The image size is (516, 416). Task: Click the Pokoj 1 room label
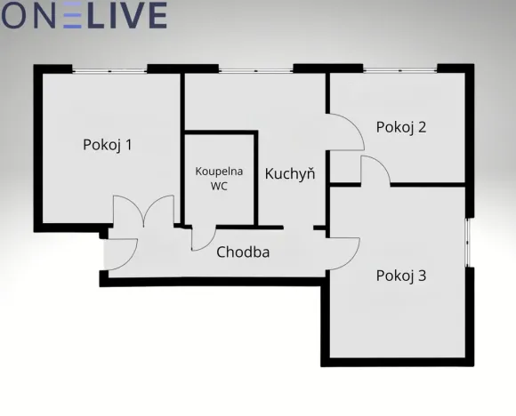click(108, 144)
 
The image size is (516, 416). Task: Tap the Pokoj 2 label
click(401, 126)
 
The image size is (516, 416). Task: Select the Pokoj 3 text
click(401, 276)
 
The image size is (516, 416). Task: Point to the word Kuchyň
click(290, 173)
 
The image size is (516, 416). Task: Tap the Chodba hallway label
click(243, 252)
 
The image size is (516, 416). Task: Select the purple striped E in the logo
click(74, 15)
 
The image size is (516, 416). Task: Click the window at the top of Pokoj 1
click(109, 68)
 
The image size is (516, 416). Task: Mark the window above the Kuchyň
click(256, 68)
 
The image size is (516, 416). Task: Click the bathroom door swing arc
click(203, 239)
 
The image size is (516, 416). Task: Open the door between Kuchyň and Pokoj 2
click(348, 133)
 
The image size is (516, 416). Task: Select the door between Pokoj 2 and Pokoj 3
click(375, 170)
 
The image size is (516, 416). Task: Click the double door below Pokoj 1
click(143, 213)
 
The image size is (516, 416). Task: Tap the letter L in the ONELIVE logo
click(101, 15)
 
